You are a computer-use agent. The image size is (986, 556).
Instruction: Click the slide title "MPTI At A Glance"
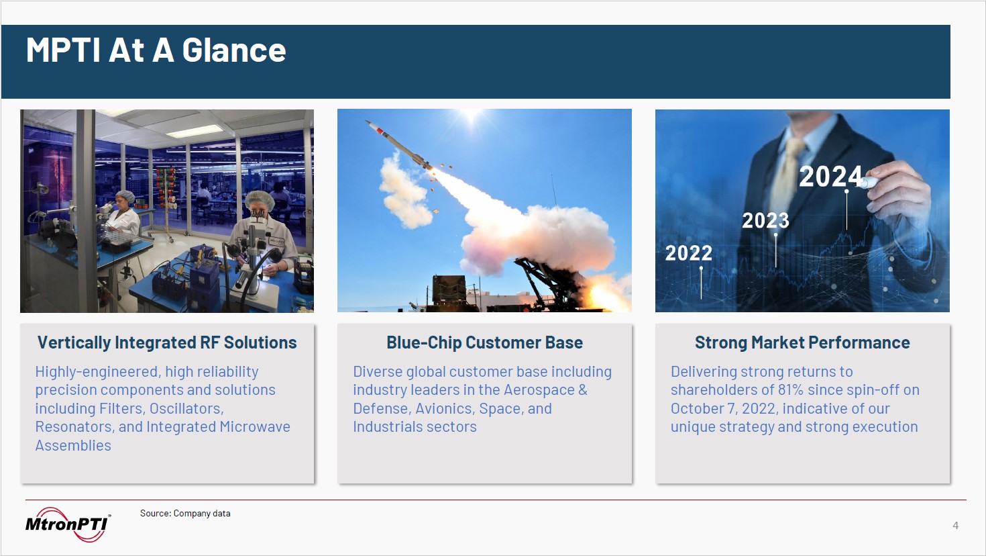point(156,50)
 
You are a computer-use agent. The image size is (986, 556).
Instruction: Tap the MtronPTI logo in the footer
point(68,524)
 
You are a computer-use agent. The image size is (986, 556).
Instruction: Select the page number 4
point(955,525)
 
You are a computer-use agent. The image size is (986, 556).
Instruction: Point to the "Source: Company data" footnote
point(185,513)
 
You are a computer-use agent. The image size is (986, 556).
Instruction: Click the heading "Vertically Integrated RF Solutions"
point(167,342)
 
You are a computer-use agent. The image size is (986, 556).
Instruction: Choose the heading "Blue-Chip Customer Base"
point(485,342)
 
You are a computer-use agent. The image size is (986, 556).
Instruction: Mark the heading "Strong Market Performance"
point(802,342)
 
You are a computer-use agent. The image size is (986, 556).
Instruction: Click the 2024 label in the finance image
point(830,176)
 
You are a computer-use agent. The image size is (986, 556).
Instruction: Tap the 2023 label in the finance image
point(765,220)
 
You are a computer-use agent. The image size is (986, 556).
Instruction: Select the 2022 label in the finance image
point(688,253)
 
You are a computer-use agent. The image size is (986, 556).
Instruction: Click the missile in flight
point(398,144)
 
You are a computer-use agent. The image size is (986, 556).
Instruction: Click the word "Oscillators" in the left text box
point(186,409)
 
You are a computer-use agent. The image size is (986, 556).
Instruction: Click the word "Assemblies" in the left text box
point(73,445)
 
